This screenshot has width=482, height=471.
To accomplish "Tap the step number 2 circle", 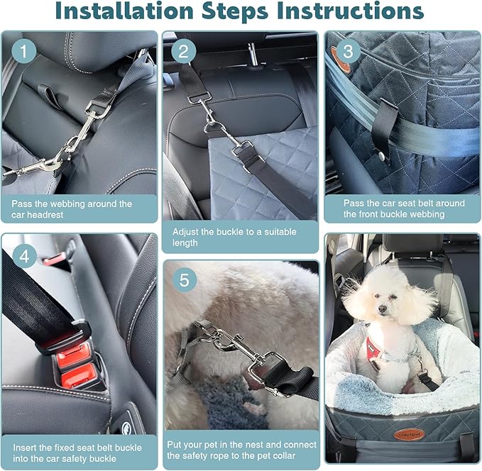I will tap(183, 51).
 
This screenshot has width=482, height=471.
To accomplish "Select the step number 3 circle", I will tap(348, 52).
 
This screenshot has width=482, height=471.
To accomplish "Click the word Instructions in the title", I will tap(358, 12).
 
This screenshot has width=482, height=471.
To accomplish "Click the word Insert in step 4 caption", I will tap(24, 448).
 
